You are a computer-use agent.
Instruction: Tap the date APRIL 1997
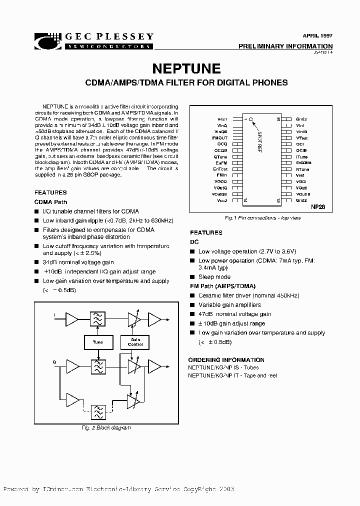[x=317, y=36]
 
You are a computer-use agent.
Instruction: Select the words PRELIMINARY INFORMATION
[x=285, y=46]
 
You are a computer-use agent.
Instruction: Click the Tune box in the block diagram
[x=97, y=342]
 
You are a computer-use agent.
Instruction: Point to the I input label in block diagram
[x=54, y=315]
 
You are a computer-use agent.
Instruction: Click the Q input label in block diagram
[x=54, y=360]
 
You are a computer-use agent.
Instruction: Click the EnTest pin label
[x=220, y=169]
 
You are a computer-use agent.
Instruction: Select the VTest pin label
[x=301, y=137]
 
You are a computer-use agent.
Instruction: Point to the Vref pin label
[x=300, y=175]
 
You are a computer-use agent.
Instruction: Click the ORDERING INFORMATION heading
[x=226, y=360]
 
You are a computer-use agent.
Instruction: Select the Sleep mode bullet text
[x=214, y=277]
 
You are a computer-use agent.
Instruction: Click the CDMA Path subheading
[x=50, y=202]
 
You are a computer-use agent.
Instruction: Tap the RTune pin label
[x=301, y=169]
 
